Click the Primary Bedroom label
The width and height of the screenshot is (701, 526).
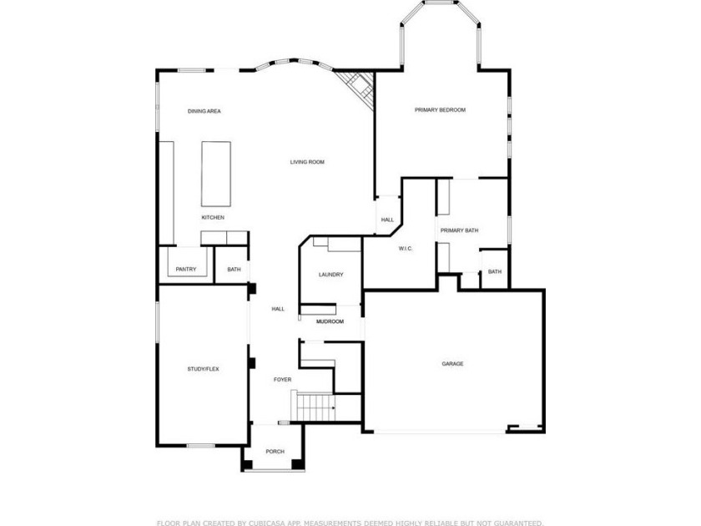click(x=440, y=110)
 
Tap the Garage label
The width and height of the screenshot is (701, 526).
click(x=452, y=364)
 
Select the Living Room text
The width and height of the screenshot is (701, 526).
click(x=307, y=162)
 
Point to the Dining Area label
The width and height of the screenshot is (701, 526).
click(x=204, y=111)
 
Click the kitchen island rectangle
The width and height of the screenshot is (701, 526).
click(x=216, y=174)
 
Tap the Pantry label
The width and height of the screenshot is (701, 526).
click(x=186, y=269)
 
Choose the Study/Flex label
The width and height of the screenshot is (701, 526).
click(x=203, y=369)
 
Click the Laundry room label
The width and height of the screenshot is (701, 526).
click(x=330, y=275)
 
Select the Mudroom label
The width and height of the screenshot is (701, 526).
click(x=330, y=321)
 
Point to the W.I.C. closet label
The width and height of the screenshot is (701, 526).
click(x=406, y=249)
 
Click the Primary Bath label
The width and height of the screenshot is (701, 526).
click(x=459, y=230)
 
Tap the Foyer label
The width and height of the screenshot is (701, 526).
click(x=282, y=380)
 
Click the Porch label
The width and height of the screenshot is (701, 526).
click(x=275, y=452)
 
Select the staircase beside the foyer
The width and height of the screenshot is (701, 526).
click(x=315, y=407)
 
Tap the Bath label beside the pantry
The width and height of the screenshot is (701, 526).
click(x=234, y=269)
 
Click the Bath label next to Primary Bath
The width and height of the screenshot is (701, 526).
click(x=494, y=272)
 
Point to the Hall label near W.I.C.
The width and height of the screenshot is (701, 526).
click(x=387, y=220)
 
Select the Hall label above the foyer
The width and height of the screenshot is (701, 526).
click(x=278, y=309)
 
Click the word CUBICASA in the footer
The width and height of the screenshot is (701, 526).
click(x=267, y=523)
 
